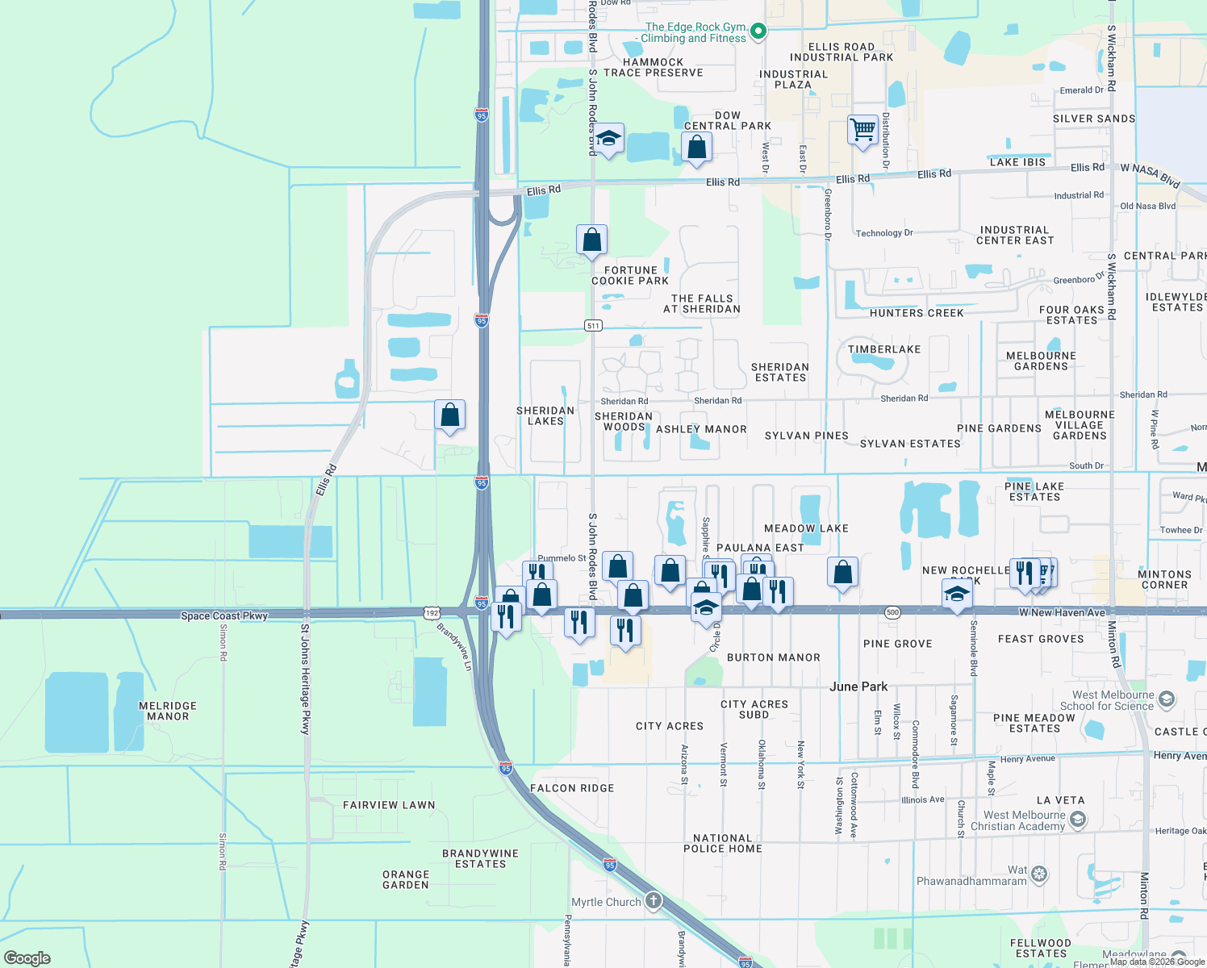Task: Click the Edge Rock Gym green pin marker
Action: (x=758, y=32)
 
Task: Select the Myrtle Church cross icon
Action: (x=653, y=901)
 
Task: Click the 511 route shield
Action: (x=593, y=326)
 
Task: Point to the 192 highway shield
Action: (x=432, y=613)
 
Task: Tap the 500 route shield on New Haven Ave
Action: (x=892, y=612)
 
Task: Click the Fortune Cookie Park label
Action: (x=630, y=276)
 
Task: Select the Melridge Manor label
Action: (x=168, y=711)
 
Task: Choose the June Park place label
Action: (x=858, y=686)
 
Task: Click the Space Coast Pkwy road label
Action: (x=224, y=615)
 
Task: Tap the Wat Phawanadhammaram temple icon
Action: (x=1039, y=874)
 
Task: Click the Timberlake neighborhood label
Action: (x=884, y=349)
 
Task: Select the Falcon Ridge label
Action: (x=572, y=788)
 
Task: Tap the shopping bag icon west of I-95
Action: (x=449, y=415)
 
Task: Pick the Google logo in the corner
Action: (x=27, y=958)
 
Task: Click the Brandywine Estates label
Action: (x=480, y=858)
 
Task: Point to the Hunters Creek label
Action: (x=917, y=313)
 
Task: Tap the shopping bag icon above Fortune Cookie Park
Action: (x=591, y=240)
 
